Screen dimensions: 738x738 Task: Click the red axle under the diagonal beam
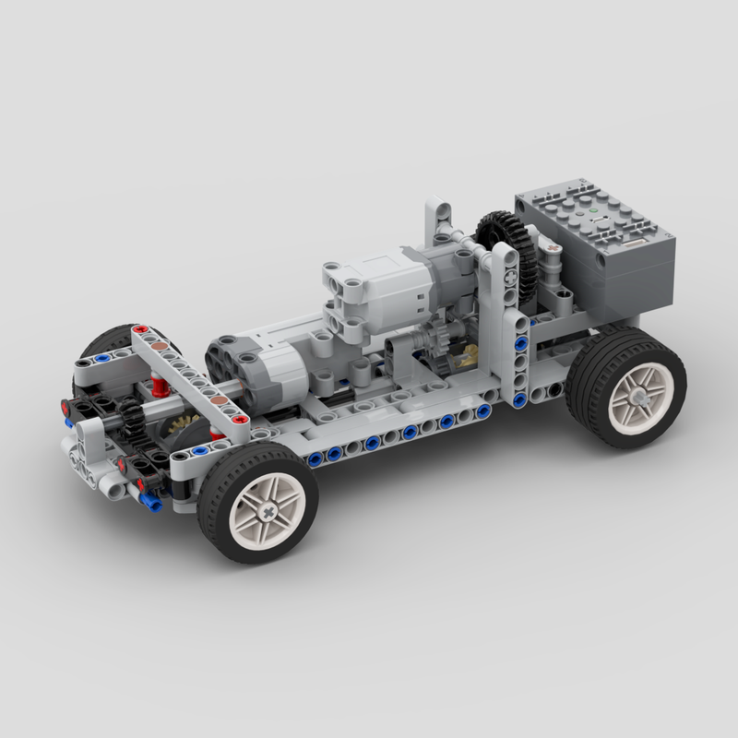coord(161,385)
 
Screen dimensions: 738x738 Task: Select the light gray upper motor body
coord(378,286)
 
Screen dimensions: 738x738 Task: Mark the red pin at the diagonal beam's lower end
coord(242,420)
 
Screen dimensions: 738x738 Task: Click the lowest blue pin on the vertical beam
coord(519,399)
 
